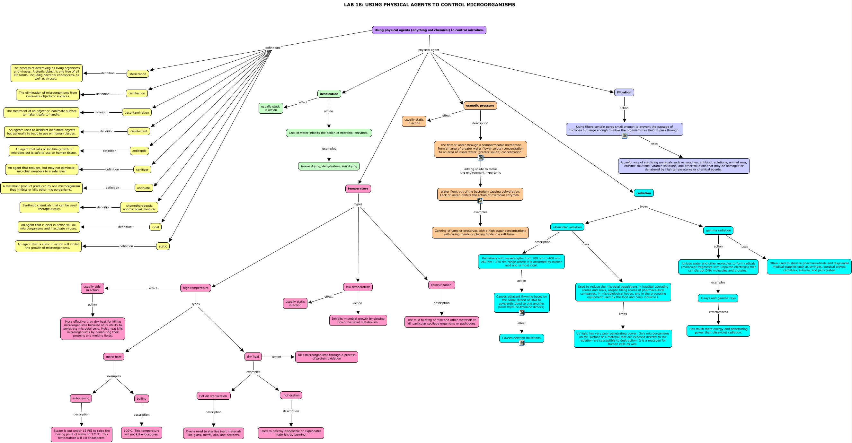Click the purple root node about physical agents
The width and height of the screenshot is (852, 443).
pos(429,30)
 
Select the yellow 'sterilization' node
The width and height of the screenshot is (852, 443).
pos(138,74)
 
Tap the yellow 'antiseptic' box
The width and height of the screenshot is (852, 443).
pos(139,151)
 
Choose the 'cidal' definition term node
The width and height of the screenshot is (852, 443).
pos(155,227)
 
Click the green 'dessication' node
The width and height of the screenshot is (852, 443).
pos(329,94)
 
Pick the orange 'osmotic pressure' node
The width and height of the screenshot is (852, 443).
pos(480,106)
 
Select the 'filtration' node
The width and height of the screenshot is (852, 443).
pos(624,92)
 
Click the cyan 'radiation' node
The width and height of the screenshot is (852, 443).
pos(643,193)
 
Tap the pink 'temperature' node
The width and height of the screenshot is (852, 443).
pos(358,188)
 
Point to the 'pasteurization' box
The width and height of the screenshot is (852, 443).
pos(441,285)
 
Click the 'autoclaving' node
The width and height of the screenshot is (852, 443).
pos(81,398)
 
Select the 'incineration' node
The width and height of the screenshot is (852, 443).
pos(291,395)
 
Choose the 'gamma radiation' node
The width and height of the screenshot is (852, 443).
pos(718,230)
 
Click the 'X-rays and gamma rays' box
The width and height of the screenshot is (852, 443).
pos(718,298)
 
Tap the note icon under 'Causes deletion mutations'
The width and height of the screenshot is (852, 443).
pos(522,343)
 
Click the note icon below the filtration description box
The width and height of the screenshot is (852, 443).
pos(625,136)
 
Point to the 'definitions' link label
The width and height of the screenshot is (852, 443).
pos(273,48)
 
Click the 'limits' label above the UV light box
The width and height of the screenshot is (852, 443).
pos(623,314)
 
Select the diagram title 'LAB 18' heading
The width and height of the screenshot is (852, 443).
pos(430,4)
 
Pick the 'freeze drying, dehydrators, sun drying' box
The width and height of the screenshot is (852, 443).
pos(329,166)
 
